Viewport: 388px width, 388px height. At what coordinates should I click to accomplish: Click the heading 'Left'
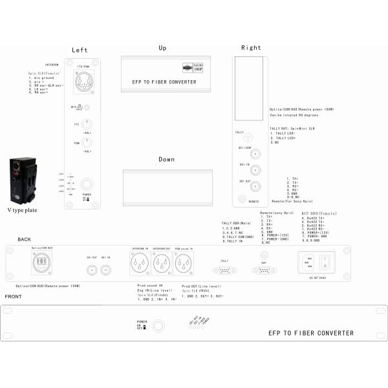(x=80, y=50)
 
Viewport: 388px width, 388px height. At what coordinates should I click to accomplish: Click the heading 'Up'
(x=162, y=48)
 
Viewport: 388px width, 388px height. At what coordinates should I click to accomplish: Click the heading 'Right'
(x=251, y=48)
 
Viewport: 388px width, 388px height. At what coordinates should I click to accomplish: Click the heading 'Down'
(x=167, y=159)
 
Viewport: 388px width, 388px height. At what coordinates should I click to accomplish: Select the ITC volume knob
(x=84, y=124)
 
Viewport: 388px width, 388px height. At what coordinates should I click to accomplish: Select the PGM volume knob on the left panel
(x=84, y=144)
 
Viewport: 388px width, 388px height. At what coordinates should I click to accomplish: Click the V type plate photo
(x=23, y=180)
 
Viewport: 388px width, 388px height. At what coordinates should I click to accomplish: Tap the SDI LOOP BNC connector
(x=254, y=154)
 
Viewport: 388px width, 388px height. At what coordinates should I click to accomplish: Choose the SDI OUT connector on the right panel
(x=254, y=188)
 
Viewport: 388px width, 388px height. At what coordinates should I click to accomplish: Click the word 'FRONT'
(x=14, y=297)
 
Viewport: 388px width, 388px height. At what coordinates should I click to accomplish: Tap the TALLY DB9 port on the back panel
(x=224, y=272)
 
